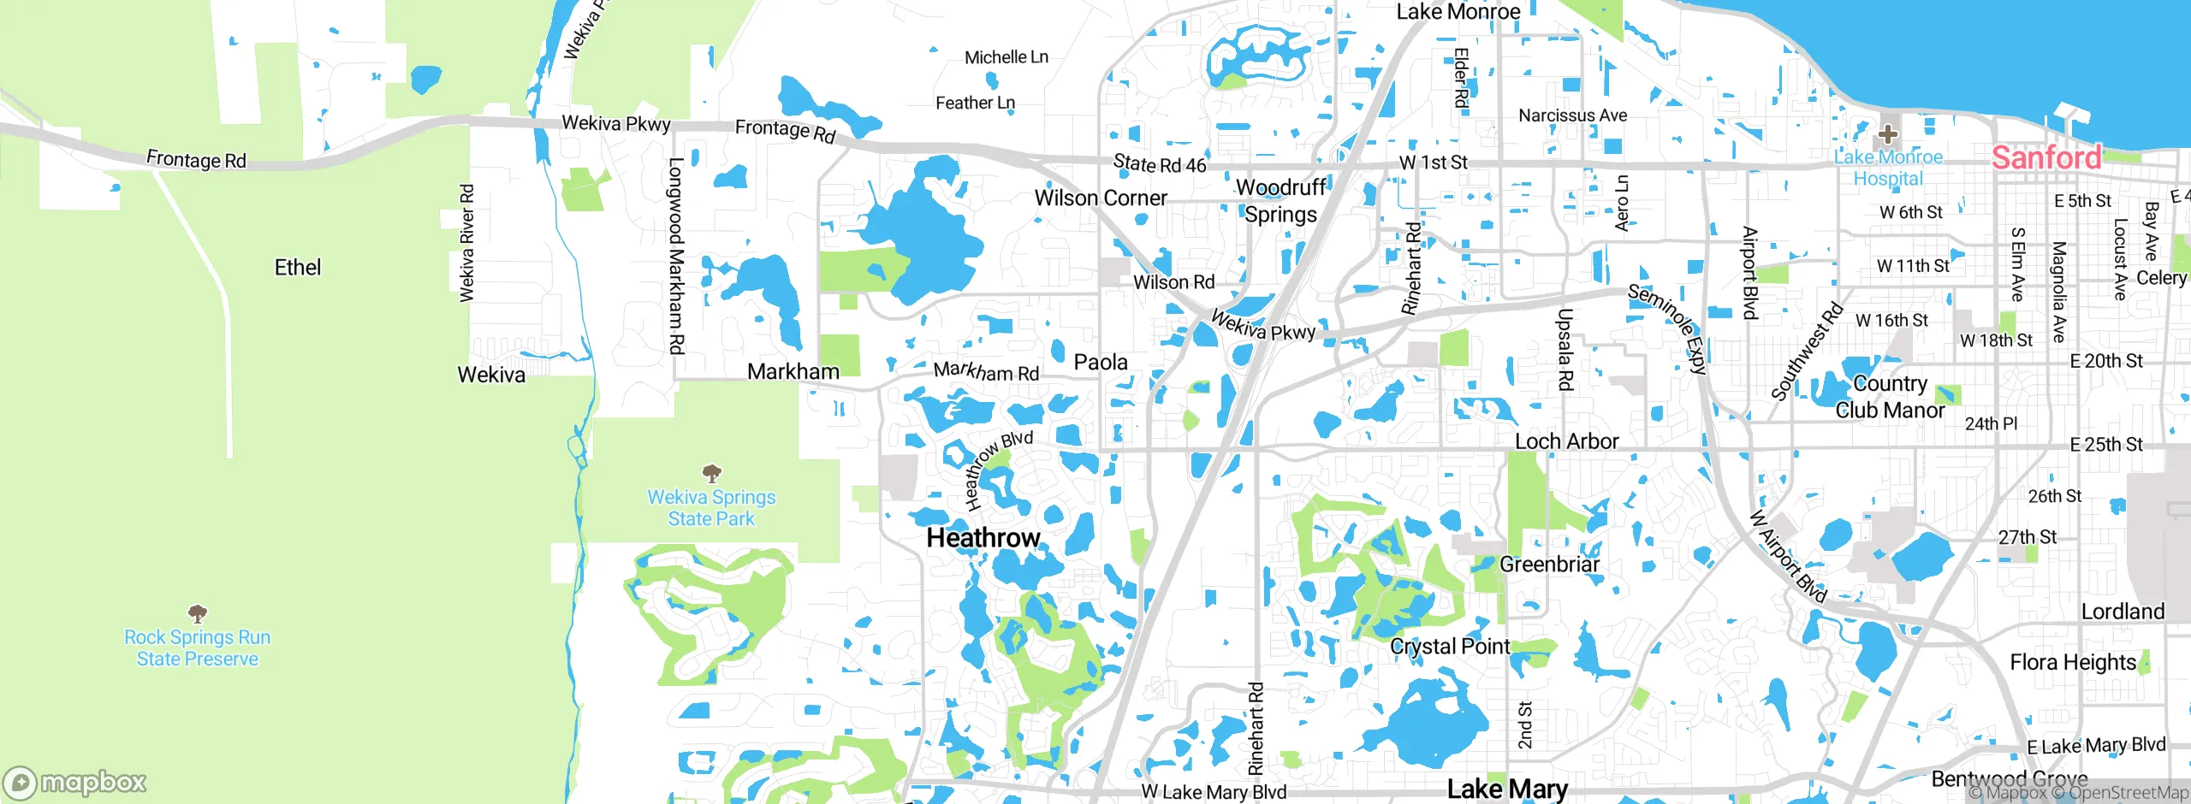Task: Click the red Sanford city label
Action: [2046, 157]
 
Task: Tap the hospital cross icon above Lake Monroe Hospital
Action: [1888, 134]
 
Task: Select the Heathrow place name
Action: [983, 538]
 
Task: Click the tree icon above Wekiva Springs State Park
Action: [711, 473]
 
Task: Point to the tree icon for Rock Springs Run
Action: [198, 613]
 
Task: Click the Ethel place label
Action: [297, 268]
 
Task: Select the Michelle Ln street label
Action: [1006, 57]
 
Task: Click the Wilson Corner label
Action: [1101, 198]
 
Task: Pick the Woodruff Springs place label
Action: [1280, 200]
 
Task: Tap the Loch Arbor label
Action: [1566, 441]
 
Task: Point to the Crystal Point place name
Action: [1450, 647]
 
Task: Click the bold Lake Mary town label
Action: [1507, 789]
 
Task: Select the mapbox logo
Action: [75, 782]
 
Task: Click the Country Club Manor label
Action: [1890, 397]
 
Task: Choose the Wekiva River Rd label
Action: [466, 243]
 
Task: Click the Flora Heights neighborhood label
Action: [2073, 662]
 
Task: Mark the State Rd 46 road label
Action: [1159, 163]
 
